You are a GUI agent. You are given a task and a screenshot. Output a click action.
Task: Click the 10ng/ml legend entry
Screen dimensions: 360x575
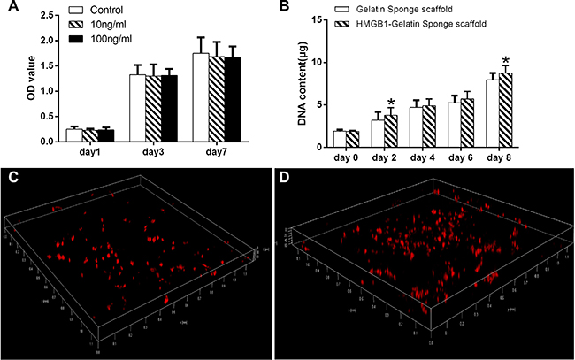[106, 26]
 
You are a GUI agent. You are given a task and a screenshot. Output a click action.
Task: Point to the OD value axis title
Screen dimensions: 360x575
[10, 80]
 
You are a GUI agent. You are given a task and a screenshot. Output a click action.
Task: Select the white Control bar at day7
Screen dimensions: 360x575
[200, 98]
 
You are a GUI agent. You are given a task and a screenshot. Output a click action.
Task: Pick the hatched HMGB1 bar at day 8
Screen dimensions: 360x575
[506, 107]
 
